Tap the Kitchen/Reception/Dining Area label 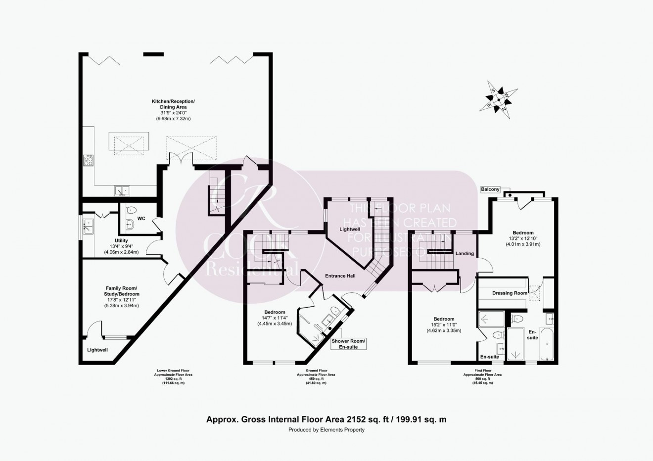click(173, 104)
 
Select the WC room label click(141, 218)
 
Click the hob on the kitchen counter click(89, 160)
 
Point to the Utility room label click(121, 241)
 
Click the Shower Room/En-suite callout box click(349, 344)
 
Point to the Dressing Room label click(510, 293)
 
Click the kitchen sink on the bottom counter click(122, 190)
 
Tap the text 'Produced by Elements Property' click(326, 430)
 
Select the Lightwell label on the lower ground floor click(97, 350)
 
